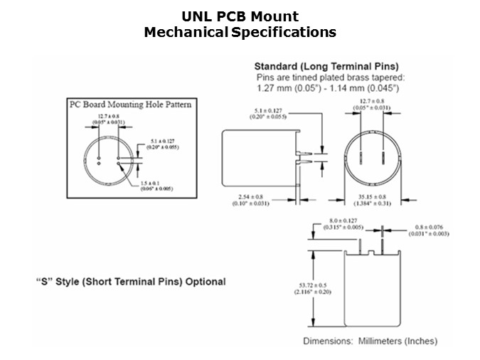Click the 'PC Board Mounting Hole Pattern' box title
(x=129, y=105)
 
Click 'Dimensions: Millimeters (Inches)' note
(x=370, y=341)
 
